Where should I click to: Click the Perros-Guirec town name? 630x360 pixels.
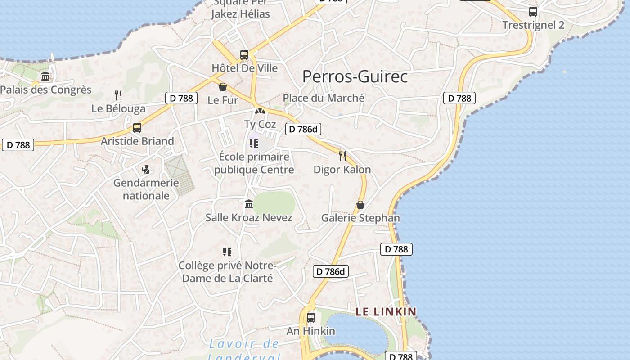(355, 76)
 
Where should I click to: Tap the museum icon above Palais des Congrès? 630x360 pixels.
(45, 76)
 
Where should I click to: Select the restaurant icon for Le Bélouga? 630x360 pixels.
(118, 95)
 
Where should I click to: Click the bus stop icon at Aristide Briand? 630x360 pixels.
(137, 128)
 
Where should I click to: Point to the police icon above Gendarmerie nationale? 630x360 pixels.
(145, 170)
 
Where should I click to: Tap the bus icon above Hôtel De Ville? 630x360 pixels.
(244, 55)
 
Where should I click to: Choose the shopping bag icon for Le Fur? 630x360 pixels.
(222, 86)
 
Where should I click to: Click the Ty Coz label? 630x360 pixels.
(260, 124)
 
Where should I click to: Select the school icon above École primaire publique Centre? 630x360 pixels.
(254, 144)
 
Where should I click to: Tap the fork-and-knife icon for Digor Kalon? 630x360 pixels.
(342, 156)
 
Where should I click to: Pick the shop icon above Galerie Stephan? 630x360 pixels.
(360, 205)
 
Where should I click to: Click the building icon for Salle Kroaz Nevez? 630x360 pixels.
(249, 204)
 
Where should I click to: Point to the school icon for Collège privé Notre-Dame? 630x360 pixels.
(227, 252)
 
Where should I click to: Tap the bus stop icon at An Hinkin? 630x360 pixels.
(311, 318)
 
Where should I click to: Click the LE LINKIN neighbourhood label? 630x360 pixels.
(386, 311)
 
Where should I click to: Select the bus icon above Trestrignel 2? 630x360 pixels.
(533, 12)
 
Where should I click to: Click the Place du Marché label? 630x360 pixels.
(324, 98)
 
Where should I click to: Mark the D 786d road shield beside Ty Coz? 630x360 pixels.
(303, 130)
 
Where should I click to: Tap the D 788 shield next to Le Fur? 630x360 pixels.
(181, 98)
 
